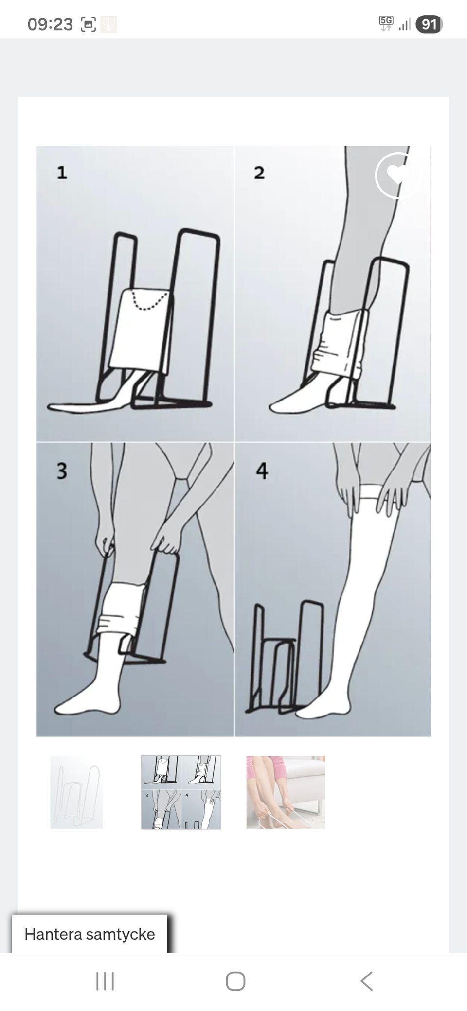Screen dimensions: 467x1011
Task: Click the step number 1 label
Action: coord(62,173)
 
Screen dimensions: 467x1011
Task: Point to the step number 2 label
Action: coord(259,173)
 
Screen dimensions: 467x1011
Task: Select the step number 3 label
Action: coord(62,471)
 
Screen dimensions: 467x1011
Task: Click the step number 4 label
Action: coord(262,471)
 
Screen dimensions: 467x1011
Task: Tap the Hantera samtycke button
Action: coord(90,934)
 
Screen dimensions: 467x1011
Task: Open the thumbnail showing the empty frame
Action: coord(76,792)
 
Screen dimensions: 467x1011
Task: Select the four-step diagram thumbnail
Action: coord(181,792)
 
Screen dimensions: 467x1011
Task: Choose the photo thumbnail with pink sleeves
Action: coord(286,792)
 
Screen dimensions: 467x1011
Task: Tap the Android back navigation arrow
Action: coord(366,981)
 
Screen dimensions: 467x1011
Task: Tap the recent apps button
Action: coord(105,981)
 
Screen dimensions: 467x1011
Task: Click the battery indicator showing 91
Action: coord(429,24)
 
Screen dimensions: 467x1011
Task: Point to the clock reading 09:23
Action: coord(50,24)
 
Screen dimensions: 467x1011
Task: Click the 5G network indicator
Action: coord(386,23)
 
